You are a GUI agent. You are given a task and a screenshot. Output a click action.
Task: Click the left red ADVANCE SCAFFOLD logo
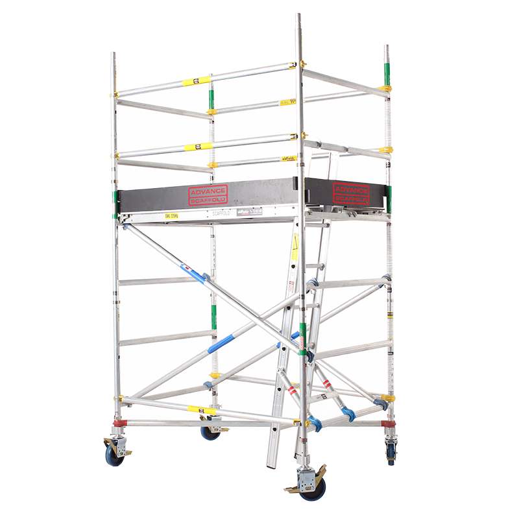[x=208, y=195]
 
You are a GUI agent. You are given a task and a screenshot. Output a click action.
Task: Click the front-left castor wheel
[x=115, y=453]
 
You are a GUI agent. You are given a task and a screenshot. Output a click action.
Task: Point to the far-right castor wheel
[x=391, y=452]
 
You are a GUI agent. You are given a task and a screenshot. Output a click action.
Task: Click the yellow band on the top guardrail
[x=197, y=81]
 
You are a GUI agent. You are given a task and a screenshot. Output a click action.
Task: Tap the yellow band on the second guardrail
[x=197, y=147]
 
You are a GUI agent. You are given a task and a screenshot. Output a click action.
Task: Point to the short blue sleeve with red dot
[x=192, y=272]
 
